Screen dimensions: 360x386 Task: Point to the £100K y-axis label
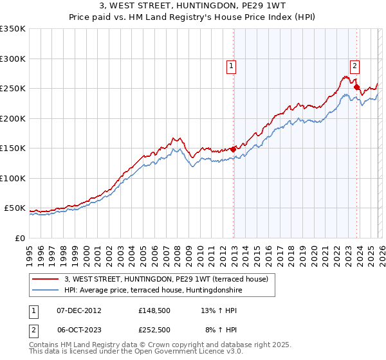click(13, 178)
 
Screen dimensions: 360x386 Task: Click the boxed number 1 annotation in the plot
click(231, 64)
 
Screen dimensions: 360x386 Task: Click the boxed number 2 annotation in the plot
click(354, 64)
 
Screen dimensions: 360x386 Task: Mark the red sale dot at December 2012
click(233, 149)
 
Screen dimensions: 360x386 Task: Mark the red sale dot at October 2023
click(356, 87)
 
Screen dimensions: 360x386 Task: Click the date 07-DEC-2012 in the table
click(78, 310)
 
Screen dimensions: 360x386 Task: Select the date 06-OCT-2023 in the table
click(78, 330)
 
